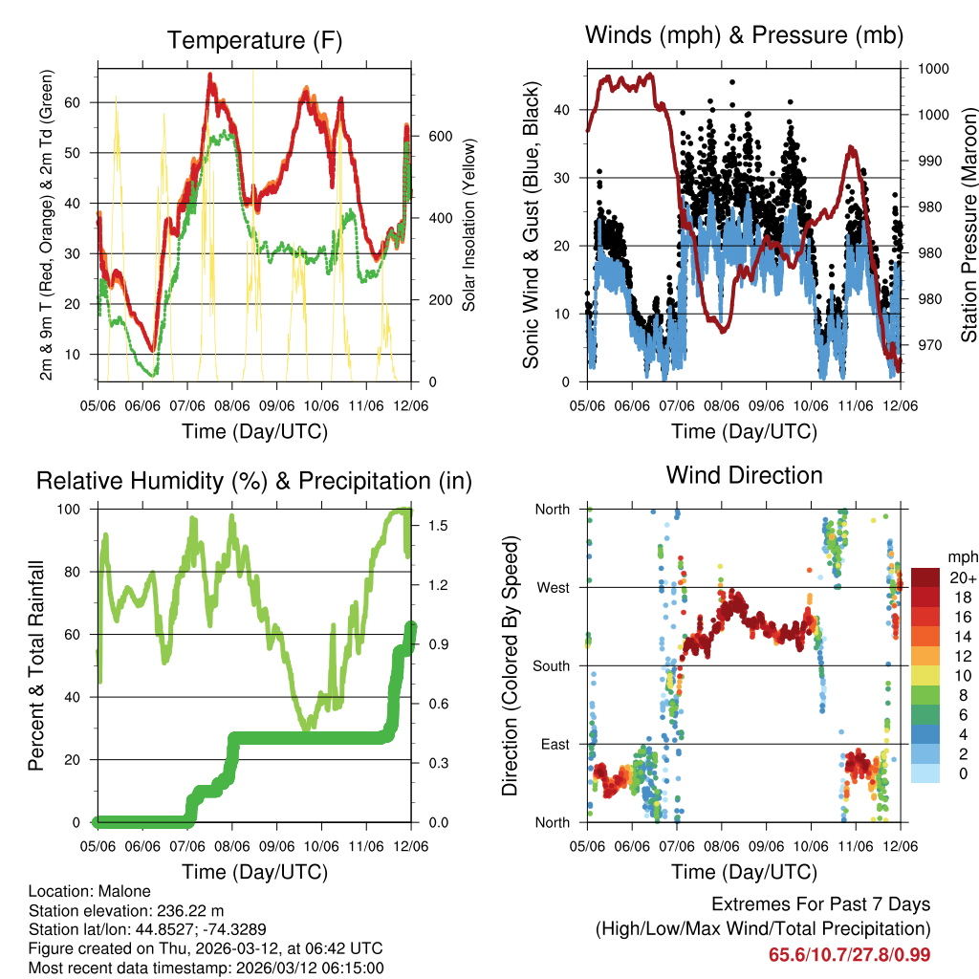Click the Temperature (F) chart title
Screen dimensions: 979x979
[254, 40]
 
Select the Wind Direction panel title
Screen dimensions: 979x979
[744, 475]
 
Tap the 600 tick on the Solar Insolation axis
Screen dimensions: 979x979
[439, 136]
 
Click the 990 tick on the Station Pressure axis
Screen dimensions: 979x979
[931, 161]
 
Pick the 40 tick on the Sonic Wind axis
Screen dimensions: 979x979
[569, 109]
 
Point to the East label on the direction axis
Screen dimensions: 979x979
[554, 744]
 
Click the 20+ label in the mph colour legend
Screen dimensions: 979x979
[963, 577]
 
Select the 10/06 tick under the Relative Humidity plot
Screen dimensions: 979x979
[322, 846]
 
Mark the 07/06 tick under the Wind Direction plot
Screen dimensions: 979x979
[676, 846]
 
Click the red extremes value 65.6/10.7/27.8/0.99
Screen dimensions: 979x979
[849, 954]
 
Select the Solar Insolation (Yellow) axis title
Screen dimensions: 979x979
[469, 225]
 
